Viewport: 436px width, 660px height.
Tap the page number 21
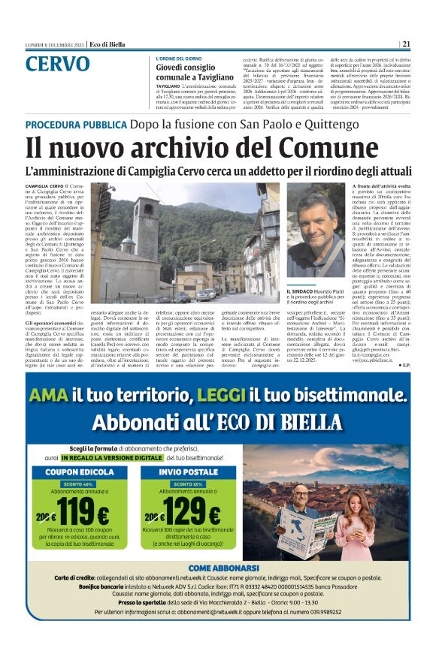[x=406, y=44]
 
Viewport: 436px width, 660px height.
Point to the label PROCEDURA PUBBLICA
[x=76, y=124]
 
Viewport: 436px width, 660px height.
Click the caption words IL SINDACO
[x=302, y=290]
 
